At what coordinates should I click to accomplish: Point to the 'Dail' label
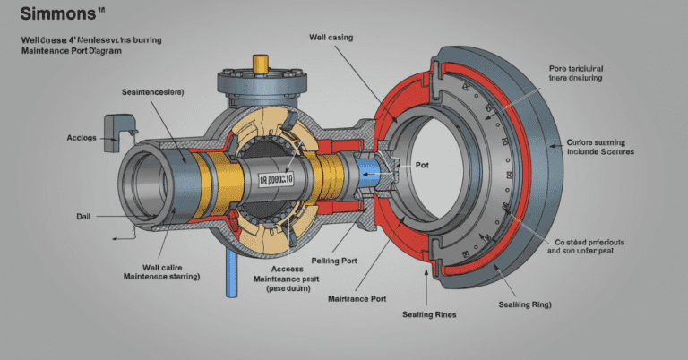84,216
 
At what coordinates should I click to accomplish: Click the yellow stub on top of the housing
261,64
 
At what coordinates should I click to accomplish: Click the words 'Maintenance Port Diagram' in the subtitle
70,52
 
